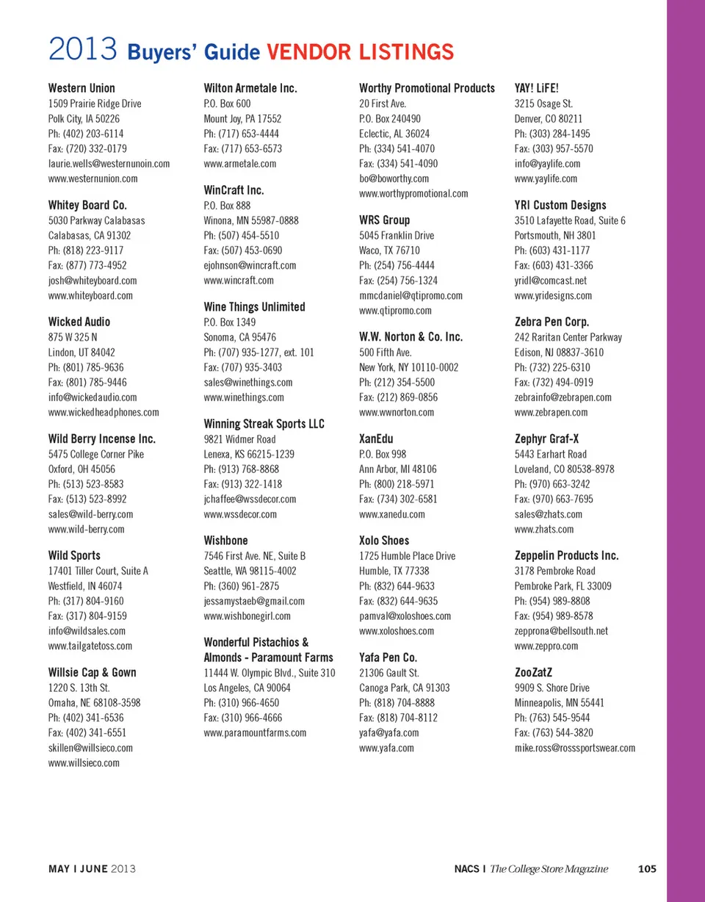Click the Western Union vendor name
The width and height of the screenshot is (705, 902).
coord(82,88)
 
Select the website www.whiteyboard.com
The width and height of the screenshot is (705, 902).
coord(90,295)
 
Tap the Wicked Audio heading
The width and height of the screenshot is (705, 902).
coord(79,322)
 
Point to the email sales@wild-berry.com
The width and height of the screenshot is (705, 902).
coord(90,514)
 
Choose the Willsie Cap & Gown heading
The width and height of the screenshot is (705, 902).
coord(92,672)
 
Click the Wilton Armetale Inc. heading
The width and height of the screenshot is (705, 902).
coord(250,88)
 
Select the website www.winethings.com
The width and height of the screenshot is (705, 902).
coord(243,397)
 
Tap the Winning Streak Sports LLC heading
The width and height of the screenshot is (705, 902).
coord(264,424)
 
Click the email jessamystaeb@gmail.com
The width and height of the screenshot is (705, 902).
coord(253,601)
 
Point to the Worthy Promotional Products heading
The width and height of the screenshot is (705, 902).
coord(427,88)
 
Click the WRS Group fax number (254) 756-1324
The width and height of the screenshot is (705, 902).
coord(398,281)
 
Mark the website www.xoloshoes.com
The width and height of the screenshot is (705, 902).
coord(396,631)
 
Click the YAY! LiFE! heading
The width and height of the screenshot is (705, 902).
coord(538,88)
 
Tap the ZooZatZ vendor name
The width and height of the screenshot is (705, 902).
coord(535,672)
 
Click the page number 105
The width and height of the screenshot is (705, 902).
coord(647,869)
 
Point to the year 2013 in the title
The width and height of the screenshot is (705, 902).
coord(83,51)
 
